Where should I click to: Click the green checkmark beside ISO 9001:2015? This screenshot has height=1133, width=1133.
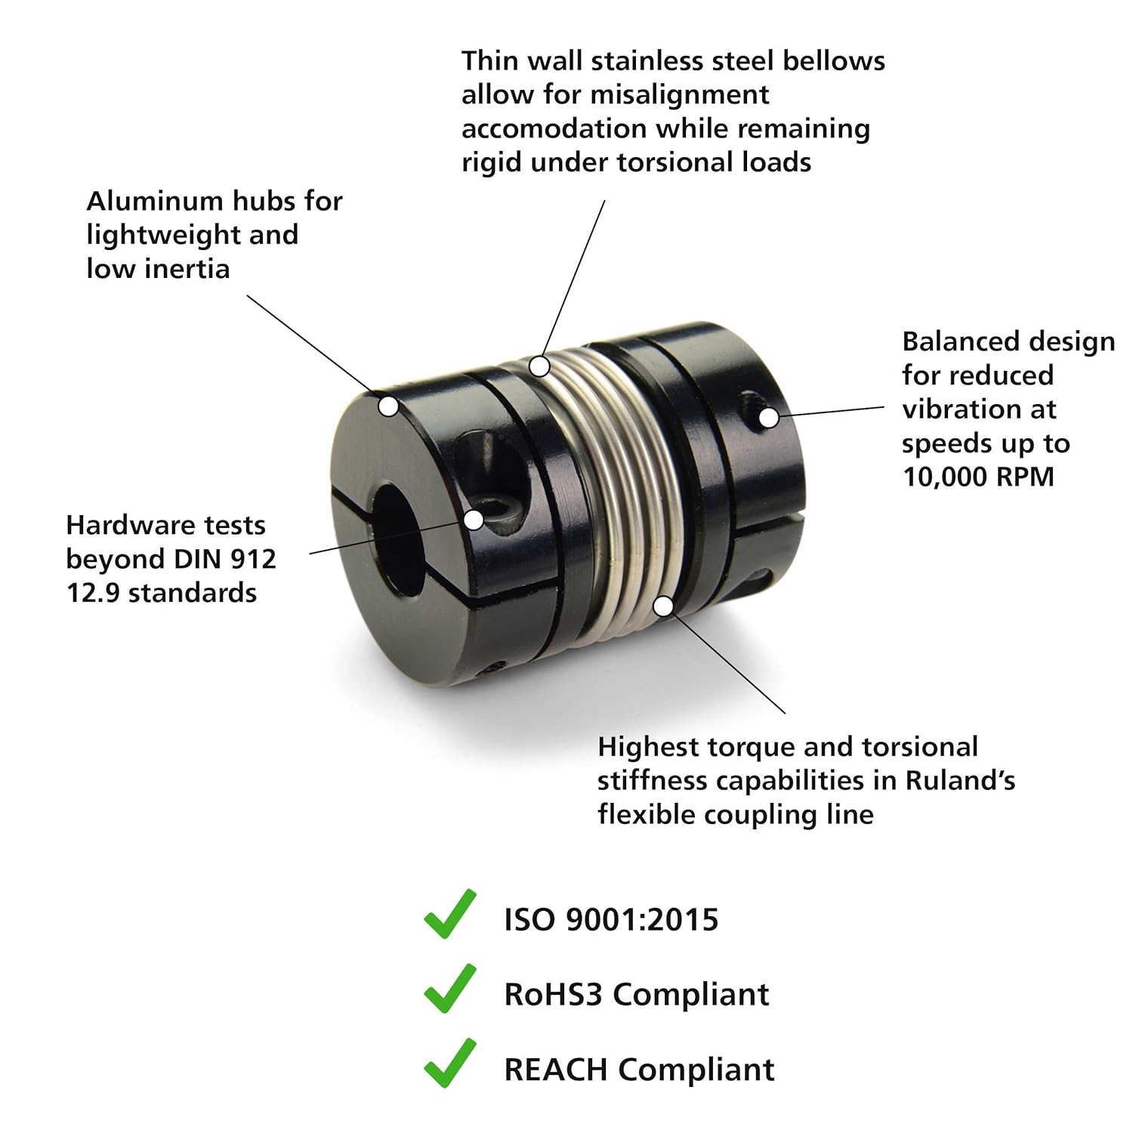click(450, 915)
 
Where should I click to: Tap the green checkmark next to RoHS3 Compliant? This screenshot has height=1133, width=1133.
click(450, 989)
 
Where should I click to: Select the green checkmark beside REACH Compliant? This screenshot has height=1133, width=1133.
click(450, 1064)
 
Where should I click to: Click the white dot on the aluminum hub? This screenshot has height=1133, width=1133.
click(388, 406)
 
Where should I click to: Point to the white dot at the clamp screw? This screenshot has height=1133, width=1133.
click(474, 520)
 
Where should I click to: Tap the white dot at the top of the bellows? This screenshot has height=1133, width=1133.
click(539, 366)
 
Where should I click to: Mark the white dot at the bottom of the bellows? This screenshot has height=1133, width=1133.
click(663, 606)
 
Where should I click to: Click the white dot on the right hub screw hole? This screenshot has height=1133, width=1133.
click(767, 417)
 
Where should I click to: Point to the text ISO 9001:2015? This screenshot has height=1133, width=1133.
click(611, 920)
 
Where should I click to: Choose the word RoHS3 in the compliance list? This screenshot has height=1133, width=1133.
click(554, 994)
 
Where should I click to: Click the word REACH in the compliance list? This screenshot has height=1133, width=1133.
click(556, 1070)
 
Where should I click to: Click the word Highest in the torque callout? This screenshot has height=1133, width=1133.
click(649, 748)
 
